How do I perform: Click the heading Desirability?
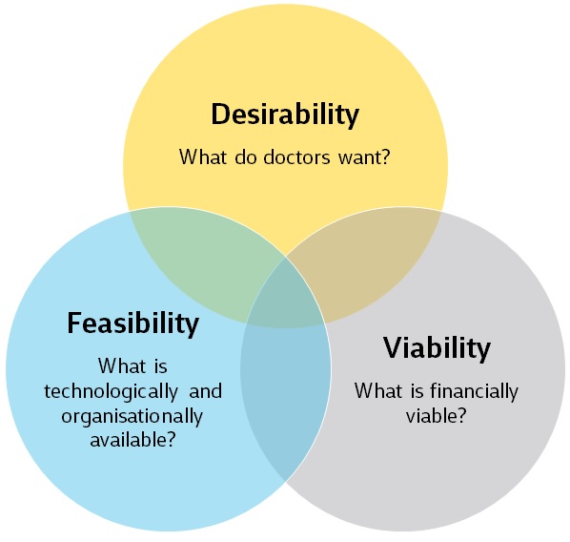coord(285,115)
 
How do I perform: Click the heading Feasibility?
coord(133,323)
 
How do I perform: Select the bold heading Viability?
coord(437,348)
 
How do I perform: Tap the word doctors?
coord(296,157)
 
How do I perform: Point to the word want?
coord(364,158)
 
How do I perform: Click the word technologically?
coord(111,392)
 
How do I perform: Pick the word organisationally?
coord(132,416)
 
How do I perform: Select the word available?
coord(132,440)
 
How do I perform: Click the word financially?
coord(474,392)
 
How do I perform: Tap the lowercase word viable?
coord(436,415)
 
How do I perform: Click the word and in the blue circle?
coord(205,391)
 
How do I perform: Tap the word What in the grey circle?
coord(378,391)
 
